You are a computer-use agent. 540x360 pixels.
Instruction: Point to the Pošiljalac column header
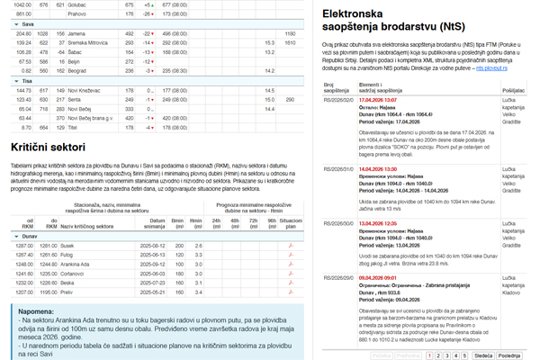pyautogui.click(x=514, y=90)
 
